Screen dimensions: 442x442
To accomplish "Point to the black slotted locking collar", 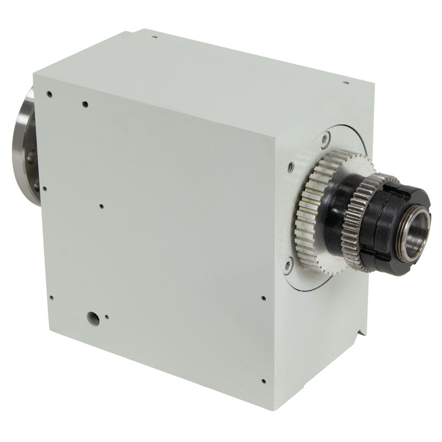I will [389, 230].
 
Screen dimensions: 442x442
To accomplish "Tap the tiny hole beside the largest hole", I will [107, 316].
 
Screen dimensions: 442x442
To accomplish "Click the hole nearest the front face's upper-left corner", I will [50, 94].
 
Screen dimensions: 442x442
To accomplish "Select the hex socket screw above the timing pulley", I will [325, 140].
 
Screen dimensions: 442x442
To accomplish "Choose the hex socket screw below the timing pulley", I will [288, 265].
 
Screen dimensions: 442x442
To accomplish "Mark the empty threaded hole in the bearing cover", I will [291, 167].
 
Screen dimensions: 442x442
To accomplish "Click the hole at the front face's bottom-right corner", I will [263, 381].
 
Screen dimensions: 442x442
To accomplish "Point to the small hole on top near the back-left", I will [154, 37].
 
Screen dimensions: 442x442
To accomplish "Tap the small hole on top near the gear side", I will [346, 82].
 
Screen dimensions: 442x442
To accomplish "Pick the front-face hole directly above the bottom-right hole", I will [263, 298].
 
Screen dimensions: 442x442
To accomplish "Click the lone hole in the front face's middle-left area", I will [101, 206].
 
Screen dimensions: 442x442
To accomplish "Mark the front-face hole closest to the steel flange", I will [45, 189].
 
